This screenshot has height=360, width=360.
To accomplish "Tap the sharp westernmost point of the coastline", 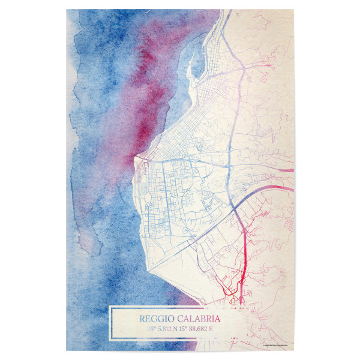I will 137,157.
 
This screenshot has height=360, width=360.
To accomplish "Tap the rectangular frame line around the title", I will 110,324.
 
